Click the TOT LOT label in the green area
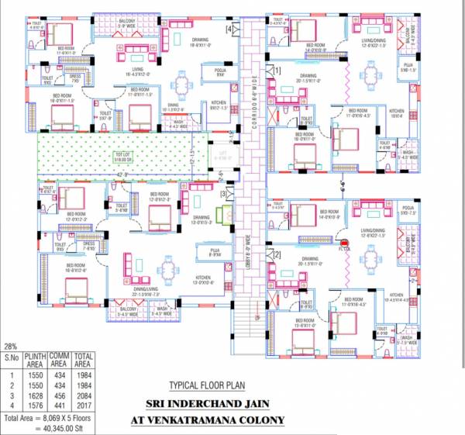(123, 154)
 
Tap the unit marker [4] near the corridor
(229, 29)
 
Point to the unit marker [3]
(223, 193)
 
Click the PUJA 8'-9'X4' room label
(215, 251)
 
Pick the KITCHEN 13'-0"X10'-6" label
(203, 280)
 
